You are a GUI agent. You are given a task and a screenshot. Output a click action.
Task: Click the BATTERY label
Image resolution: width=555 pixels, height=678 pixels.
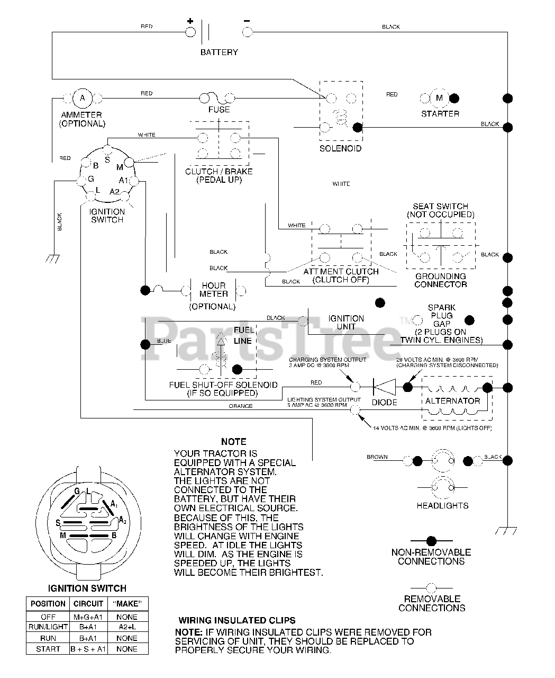coord(219,52)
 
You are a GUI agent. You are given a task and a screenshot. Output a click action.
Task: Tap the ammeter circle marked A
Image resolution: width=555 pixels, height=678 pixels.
coord(82,98)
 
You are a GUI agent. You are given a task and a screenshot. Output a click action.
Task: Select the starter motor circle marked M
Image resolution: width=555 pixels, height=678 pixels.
coord(439,98)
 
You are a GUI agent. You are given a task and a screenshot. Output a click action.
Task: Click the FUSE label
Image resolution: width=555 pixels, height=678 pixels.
coord(219,110)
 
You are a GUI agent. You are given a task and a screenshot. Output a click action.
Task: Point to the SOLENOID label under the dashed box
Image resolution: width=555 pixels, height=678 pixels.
coord(341,149)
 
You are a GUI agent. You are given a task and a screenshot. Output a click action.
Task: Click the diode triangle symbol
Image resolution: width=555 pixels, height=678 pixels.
coord(384,387)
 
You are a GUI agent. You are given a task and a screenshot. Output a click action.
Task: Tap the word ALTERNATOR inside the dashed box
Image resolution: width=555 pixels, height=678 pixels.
coord(452,401)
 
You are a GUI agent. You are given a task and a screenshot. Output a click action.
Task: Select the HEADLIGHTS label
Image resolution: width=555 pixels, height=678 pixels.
coord(442,506)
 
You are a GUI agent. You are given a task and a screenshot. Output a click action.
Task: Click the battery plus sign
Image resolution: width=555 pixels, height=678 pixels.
coord(190,21)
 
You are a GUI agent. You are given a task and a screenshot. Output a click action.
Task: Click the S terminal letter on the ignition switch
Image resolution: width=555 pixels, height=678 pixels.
coord(107,159)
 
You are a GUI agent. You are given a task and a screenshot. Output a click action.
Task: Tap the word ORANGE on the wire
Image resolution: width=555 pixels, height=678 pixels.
coord(240,406)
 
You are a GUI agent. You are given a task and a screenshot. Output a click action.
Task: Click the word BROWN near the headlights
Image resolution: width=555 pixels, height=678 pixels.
coord(377,457)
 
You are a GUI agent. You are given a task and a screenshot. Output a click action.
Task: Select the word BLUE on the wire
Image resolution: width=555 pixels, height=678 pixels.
coord(164,341)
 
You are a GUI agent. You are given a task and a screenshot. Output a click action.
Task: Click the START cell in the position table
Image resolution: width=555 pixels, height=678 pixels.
coord(48,649)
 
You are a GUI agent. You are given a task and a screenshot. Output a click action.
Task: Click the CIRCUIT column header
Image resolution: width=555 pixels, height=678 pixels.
coord(88,604)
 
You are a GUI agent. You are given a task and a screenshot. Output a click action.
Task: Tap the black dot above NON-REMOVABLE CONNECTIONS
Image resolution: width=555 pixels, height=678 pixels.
coord(431,541)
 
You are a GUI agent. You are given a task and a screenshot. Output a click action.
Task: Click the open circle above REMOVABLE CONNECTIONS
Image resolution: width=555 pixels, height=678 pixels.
coord(431,587)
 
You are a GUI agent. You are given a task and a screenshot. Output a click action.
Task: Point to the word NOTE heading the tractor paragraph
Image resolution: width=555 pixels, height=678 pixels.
coord(233,442)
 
